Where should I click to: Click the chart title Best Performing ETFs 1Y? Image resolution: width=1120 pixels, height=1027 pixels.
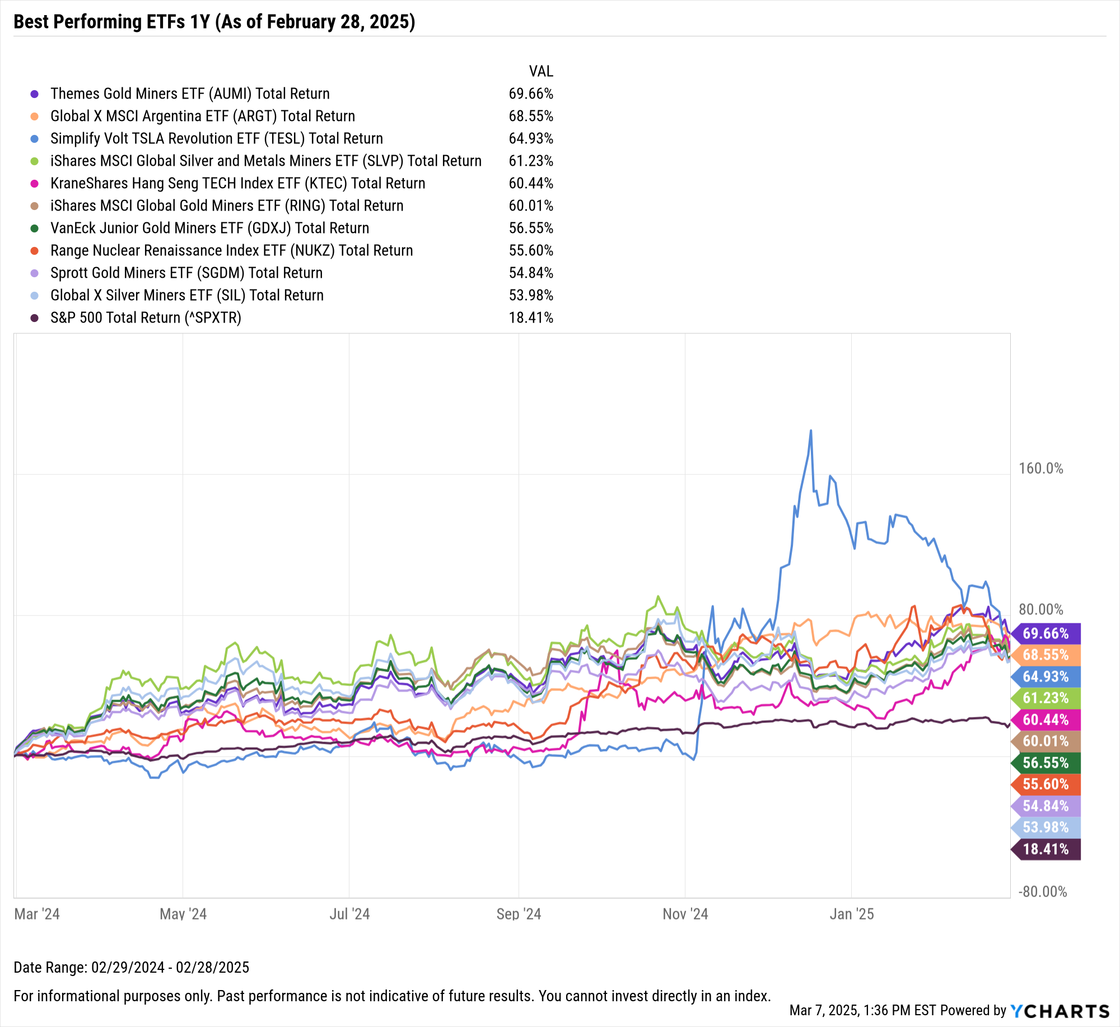pos(214,22)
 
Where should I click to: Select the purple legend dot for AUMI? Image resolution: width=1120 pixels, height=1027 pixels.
pos(35,94)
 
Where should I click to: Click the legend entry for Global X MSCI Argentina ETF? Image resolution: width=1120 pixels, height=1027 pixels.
pos(202,116)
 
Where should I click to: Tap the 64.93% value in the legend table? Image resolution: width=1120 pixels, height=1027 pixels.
pos(530,138)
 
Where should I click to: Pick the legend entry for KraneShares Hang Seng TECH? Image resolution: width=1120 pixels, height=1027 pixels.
pos(237,183)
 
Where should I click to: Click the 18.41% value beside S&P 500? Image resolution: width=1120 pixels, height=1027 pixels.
pos(530,318)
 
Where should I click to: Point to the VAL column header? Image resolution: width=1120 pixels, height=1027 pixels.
pos(540,71)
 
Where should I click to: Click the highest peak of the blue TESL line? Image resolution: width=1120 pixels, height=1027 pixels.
pos(810,431)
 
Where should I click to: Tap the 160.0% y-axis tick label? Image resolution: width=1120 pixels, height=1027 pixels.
pos(1040,468)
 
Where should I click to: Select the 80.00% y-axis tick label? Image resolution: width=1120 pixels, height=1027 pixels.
pos(1040,609)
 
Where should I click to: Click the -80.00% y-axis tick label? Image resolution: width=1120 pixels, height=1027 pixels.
pos(1042,891)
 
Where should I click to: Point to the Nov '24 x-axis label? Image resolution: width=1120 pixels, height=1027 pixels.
pos(685,914)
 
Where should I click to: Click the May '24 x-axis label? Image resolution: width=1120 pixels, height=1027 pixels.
pos(183,914)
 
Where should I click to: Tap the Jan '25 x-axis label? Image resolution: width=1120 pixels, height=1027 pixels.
pos(851,914)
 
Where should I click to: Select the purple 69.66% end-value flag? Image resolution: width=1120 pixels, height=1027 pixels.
pos(1046,633)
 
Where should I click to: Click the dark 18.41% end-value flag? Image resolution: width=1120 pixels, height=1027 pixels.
pos(1046,849)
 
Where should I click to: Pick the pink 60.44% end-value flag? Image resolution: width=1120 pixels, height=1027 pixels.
pos(1046,720)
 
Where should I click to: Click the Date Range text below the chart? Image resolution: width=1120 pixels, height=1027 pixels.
pos(131,967)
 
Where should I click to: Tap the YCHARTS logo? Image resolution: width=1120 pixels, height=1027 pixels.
pos(1060,1011)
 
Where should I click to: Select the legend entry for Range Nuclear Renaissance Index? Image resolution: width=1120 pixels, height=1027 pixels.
pos(231,250)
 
